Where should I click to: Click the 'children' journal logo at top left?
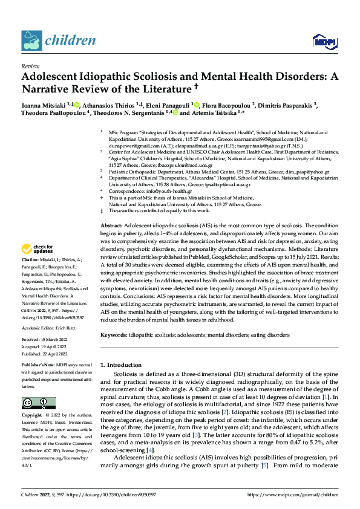[x=59, y=41]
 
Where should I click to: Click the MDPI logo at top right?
[x=323, y=41]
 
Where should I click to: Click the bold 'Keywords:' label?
[x=114, y=334]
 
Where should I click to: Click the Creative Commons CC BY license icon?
[x=38, y=403]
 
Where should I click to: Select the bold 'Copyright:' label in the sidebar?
[x=32, y=416]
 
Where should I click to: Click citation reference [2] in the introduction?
[x=224, y=412]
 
